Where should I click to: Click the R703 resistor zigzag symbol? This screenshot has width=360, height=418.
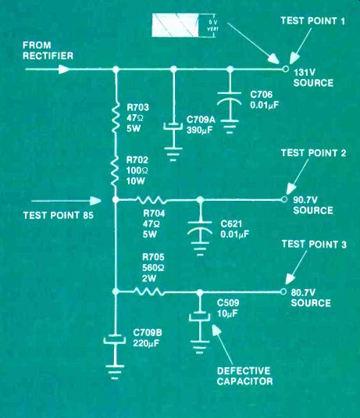[116, 117]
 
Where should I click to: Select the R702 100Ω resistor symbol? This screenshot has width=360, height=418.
[116, 170]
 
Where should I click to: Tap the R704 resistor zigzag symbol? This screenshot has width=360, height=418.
[151, 200]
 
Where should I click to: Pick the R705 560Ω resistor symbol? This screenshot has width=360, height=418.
[148, 291]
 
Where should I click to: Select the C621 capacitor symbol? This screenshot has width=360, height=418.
[200, 229]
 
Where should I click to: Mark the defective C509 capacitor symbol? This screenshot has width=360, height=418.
[200, 316]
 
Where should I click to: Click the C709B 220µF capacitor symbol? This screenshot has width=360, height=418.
[115, 339]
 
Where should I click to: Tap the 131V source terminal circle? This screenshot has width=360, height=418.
[285, 69]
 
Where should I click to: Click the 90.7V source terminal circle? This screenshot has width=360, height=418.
[284, 199]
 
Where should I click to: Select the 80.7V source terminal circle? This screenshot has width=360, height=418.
[283, 291]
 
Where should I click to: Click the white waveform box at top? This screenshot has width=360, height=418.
[175, 25]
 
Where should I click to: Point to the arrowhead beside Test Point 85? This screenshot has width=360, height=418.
[95, 201]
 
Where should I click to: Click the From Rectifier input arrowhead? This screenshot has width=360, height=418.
[64, 70]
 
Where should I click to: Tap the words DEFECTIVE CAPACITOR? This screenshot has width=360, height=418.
[244, 376]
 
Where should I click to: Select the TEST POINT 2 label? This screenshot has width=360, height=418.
[313, 153]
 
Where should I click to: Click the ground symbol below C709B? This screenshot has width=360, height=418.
[115, 372]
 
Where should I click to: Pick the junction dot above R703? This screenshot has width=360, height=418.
[116, 70]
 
